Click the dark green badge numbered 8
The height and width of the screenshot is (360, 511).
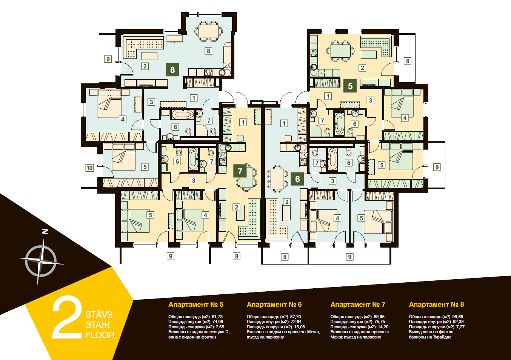pos(172,69)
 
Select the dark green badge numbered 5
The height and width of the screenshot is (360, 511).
pos(350,86)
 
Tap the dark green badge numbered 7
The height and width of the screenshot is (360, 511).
pos(240,171)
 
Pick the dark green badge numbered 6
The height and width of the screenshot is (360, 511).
pos(297,179)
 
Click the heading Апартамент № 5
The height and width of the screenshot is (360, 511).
pos(196,304)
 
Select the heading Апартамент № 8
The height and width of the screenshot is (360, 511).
pos(436,304)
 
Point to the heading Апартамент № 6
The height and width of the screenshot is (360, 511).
pos(274,304)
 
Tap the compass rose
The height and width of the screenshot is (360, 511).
pos(41,261)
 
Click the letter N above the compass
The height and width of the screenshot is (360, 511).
pos(45,232)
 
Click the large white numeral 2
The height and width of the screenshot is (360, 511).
pos(67,317)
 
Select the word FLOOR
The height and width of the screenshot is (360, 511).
pos(100,335)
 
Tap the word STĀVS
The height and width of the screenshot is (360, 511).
pos(99,314)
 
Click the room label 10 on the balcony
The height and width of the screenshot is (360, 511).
pos(89,168)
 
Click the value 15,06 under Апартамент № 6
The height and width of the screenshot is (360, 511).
pos(299,327)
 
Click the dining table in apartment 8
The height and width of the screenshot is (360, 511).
pos(208,31)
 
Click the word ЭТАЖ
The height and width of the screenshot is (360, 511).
pos(98,325)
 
